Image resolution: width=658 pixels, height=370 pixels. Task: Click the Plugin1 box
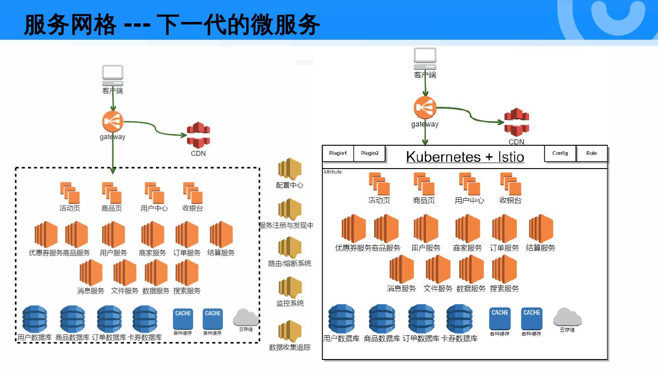click(x=338, y=153)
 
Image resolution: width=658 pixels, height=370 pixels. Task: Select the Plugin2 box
click(x=370, y=153)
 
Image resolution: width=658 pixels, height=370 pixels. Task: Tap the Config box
click(x=560, y=153)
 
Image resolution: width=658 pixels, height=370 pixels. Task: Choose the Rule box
click(x=591, y=153)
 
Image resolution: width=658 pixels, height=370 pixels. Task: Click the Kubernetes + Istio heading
click(x=465, y=157)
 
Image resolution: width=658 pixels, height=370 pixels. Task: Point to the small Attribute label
click(x=332, y=172)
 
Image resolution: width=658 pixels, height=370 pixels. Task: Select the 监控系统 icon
click(x=290, y=288)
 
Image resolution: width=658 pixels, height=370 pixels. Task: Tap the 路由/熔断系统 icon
click(x=290, y=248)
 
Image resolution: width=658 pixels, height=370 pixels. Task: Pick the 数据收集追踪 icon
click(x=290, y=331)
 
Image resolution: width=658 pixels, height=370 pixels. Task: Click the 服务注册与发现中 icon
click(x=290, y=210)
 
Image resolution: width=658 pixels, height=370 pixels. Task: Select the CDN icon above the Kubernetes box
click(x=516, y=122)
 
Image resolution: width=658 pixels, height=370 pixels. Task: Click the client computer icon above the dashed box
click(x=112, y=74)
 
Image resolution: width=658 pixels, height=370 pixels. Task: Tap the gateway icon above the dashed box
click(x=112, y=122)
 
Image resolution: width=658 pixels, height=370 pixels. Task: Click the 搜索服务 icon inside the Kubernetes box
click(x=504, y=270)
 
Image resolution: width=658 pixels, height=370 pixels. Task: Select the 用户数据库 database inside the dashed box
click(x=35, y=319)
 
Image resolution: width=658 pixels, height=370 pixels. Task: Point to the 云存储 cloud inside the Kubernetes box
click(x=567, y=317)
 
